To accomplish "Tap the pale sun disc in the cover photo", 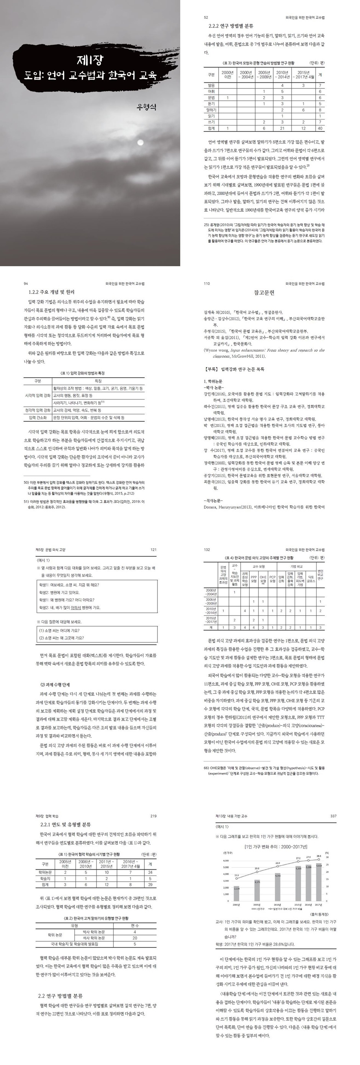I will pyautogui.click(x=140, y=142).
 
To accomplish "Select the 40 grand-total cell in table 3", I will pyautogui.click(x=320, y=128).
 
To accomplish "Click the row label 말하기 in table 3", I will pyautogui.click(x=211, y=110).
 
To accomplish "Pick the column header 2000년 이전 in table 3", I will pyautogui.click(x=227, y=74).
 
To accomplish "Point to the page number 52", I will pyautogui.click(x=206, y=18).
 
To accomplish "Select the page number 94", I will pyautogui.click(x=26, y=284).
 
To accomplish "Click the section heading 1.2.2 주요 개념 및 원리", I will pyautogui.click(x=49, y=292).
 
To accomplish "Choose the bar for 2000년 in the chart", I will pyautogui.click(x=236, y=892).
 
